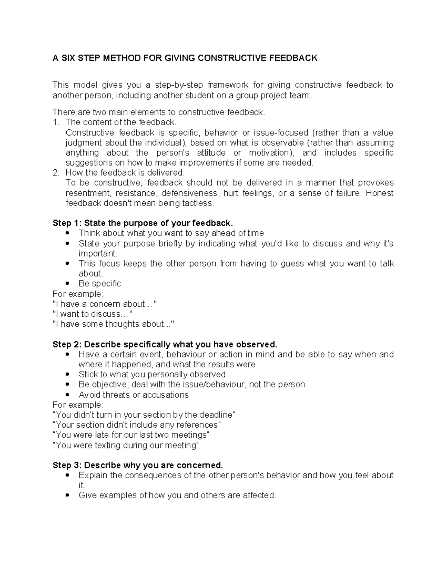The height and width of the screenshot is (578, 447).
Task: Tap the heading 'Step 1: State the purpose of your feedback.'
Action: coord(143,223)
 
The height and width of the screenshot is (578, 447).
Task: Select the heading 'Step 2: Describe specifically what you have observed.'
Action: coord(165,344)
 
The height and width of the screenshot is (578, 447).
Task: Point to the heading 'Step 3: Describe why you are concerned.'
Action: coord(138,465)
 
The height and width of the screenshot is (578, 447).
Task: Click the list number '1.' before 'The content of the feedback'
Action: coord(56,122)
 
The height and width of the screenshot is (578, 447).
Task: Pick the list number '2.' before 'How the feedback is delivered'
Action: coord(56,173)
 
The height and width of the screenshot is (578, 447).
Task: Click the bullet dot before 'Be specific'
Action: coord(67,284)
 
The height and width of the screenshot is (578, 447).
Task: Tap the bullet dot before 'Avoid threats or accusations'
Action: coord(67,395)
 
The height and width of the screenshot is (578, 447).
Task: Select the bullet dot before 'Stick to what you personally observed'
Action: coord(67,374)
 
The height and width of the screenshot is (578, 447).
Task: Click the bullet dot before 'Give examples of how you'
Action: coord(67,495)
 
